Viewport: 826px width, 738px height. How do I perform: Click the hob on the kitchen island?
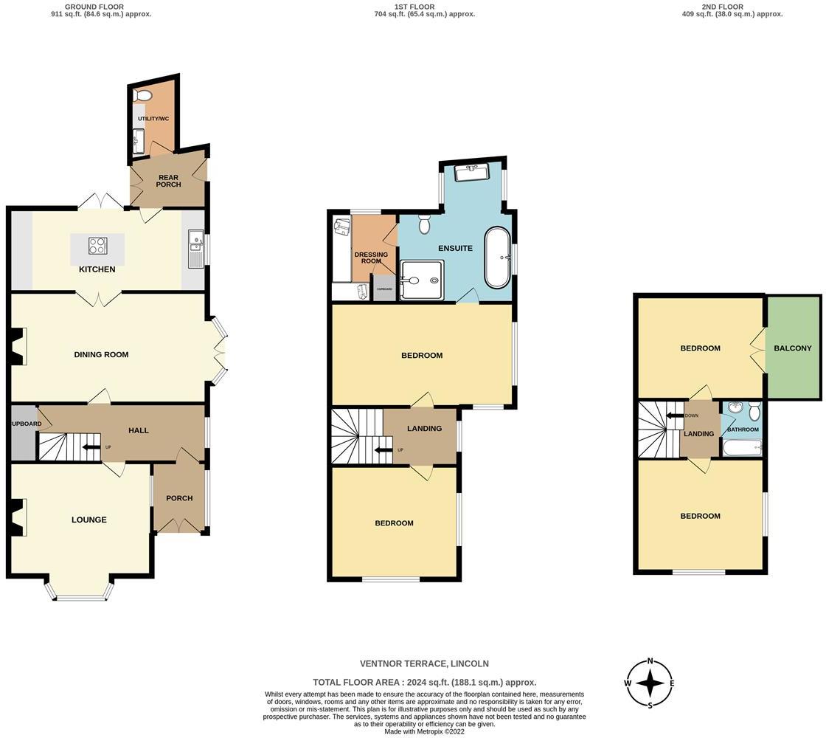98,246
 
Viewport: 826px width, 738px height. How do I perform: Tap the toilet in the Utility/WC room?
143,95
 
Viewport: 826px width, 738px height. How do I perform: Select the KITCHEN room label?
97,269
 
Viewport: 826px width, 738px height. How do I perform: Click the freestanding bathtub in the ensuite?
496,258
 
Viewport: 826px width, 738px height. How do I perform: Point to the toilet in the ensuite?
424,224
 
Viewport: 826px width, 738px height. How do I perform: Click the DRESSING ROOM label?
371,258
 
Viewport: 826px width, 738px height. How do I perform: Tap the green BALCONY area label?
793,348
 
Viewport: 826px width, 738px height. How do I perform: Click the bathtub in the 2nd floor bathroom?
742,447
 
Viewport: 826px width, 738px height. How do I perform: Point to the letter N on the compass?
650,661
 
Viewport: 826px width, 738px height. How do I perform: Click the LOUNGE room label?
89,520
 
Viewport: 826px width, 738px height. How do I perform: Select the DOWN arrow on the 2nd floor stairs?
675,415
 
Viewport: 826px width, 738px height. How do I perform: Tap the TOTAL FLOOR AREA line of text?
424,683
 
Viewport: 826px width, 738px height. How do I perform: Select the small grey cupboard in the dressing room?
384,289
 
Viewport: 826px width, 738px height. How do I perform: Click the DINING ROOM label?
101,354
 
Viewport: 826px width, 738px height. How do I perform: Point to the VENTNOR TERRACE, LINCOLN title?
424,663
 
